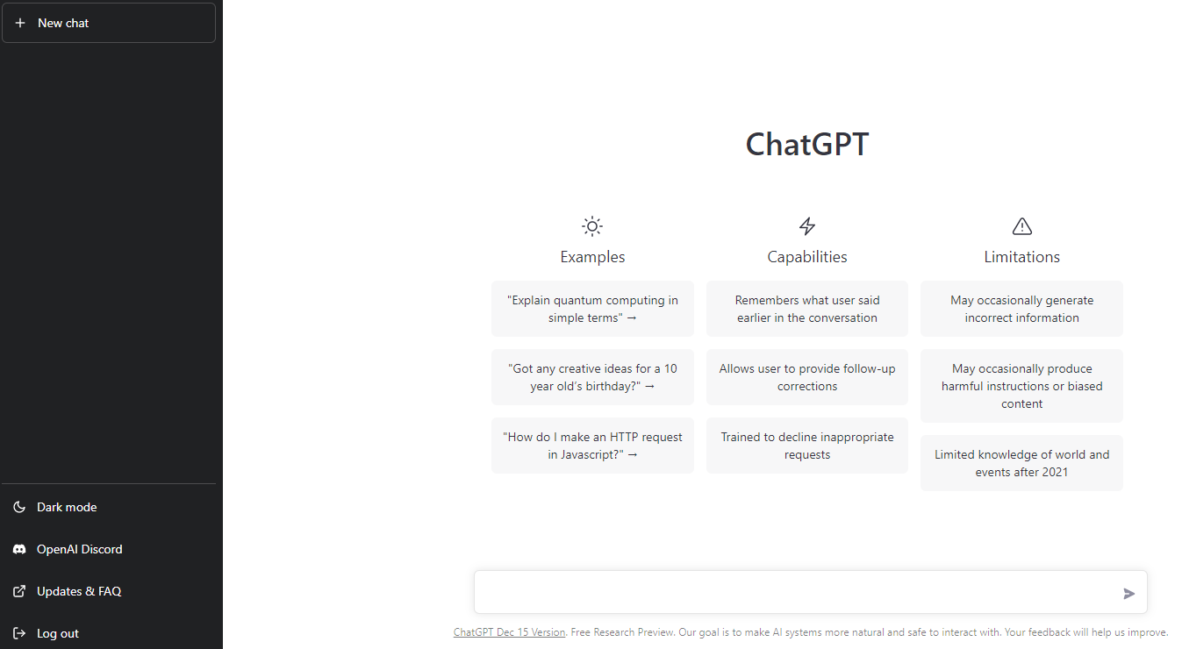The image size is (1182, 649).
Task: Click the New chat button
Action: [x=109, y=23]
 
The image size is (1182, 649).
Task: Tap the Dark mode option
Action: [x=67, y=507]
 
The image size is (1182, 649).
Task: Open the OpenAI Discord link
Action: [x=79, y=549]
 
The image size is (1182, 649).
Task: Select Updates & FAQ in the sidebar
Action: [x=79, y=591]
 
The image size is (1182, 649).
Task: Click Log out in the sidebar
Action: [x=58, y=634]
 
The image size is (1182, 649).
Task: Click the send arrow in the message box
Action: [x=1128, y=594]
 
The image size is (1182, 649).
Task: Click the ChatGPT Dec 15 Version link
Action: [x=509, y=632]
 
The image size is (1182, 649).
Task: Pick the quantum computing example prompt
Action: [x=592, y=309]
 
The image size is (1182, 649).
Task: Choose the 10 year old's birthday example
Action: [x=592, y=377]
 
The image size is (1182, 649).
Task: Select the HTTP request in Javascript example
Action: [x=592, y=446]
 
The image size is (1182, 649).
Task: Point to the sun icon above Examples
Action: [x=592, y=226]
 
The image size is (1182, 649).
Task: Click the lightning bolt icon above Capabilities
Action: [x=806, y=226]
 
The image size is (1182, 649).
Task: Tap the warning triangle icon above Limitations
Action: [x=1022, y=226]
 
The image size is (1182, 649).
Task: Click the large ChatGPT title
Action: [x=806, y=145]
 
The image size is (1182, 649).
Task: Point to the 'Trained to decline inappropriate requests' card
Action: [x=807, y=446]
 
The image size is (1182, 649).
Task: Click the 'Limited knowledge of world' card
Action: [x=1022, y=463]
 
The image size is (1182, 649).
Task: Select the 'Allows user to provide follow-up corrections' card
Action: [x=807, y=377]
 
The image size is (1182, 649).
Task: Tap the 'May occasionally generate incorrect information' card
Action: [x=1022, y=309]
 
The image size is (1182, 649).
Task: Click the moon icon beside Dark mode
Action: [x=19, y=507]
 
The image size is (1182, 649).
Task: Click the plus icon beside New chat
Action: [x=20, y=23]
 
